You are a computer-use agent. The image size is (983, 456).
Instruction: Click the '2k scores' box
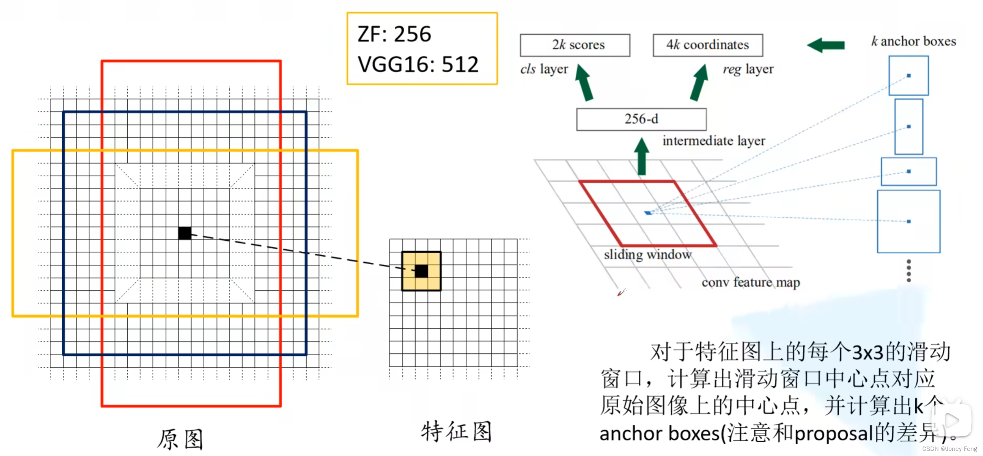tap(575, 45)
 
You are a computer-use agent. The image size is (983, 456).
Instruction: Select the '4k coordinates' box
tap(707, 45)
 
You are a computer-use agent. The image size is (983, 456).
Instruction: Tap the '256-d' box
tap(641, 119)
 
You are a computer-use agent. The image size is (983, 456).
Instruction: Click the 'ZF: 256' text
tap(394, 34)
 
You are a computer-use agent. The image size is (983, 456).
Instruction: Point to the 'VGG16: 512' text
tap(418, 64)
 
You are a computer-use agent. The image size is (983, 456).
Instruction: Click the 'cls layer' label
tap(544, 69)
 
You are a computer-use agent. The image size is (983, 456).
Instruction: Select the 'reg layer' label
tap(748, 69)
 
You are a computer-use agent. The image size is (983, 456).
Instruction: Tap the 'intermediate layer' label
tap(713, 141)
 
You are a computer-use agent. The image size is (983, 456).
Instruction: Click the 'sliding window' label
tap(647, 255)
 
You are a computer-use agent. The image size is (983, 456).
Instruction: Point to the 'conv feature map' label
tap(750, 282)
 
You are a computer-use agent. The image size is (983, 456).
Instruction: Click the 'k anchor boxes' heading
tap(913, 41)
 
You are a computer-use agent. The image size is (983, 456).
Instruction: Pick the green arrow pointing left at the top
tap(826, 45)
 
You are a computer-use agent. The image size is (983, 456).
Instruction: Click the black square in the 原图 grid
tap(185, 233)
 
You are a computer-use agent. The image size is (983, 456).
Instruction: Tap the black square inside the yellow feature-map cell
tap(421, 271)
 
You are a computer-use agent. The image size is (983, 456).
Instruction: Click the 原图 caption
tap(180, 439)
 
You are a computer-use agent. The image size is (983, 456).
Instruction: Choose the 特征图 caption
tap(456, 432)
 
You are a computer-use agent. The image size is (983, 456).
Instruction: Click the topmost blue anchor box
tap(908, 75)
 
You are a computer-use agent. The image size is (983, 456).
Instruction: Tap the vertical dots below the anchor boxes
tap(908, 271)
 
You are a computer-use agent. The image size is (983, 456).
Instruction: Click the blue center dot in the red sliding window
tap(648, 213)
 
